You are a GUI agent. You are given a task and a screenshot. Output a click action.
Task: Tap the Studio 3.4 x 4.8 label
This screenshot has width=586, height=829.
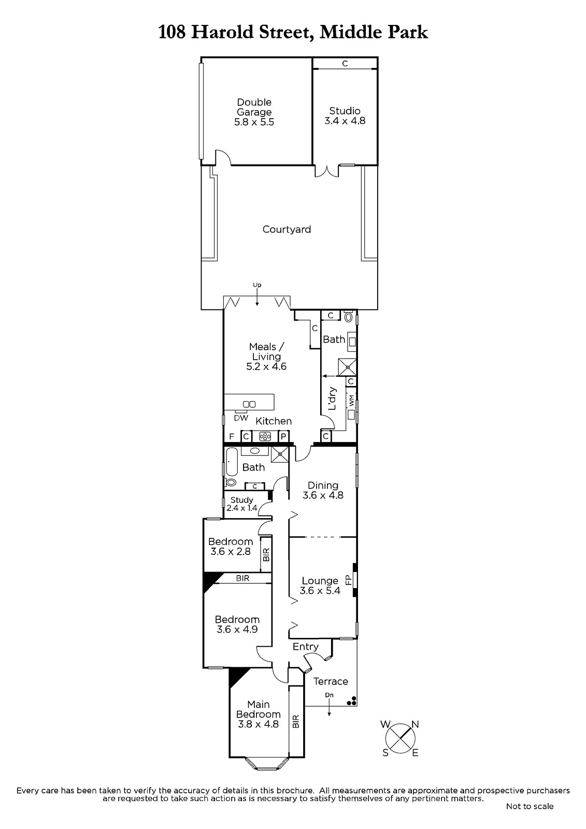pyautogui.click(x=345, y=116)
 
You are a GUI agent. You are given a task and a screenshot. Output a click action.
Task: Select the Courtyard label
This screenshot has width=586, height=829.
pyautogui.click(x=287, y=230)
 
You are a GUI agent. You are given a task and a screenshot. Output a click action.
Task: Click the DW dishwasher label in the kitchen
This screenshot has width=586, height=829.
pyautogui.click(x=241, y=418)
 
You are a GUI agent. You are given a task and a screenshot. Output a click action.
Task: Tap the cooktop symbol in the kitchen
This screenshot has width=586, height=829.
pyautogui.click(x=265, y=436)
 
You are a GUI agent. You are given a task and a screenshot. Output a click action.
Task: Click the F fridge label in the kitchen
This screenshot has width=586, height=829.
pyautogui.click(x=232, y=437)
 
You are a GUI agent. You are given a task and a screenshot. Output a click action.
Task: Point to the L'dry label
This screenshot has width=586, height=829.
pyautogui.click(x=332, y=398)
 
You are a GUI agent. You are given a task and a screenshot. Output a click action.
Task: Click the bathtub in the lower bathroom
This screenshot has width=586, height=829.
pyautogui.click(x=232, y=462)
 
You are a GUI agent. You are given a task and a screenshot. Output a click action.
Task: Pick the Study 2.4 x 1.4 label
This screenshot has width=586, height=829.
pyautogui.click(x=242, y=504)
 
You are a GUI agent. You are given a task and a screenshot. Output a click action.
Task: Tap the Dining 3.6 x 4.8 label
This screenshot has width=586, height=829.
pyautogui.click(x=323, y=490)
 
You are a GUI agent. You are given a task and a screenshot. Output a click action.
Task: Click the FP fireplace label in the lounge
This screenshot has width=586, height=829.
pyautogui.click(x=348, y=580)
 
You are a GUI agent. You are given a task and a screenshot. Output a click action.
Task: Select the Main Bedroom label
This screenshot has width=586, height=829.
pyautogui.click(x=259, y=714)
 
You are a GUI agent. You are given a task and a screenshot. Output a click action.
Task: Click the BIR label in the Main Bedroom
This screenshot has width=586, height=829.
pyautogui.click(x=296, y=721)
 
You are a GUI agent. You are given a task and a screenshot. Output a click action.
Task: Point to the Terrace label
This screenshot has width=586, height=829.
pyautogui.click(x=331, y=681)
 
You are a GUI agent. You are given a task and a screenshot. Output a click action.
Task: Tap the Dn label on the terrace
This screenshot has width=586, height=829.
pyautogui.click(x=329, y=695)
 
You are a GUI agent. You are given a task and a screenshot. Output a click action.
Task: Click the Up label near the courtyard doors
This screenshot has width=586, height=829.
pyautogui.click(x=257, y=285)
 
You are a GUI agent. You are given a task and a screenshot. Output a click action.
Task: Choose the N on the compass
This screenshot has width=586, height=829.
pyautogui.click(x=415, y=724)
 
